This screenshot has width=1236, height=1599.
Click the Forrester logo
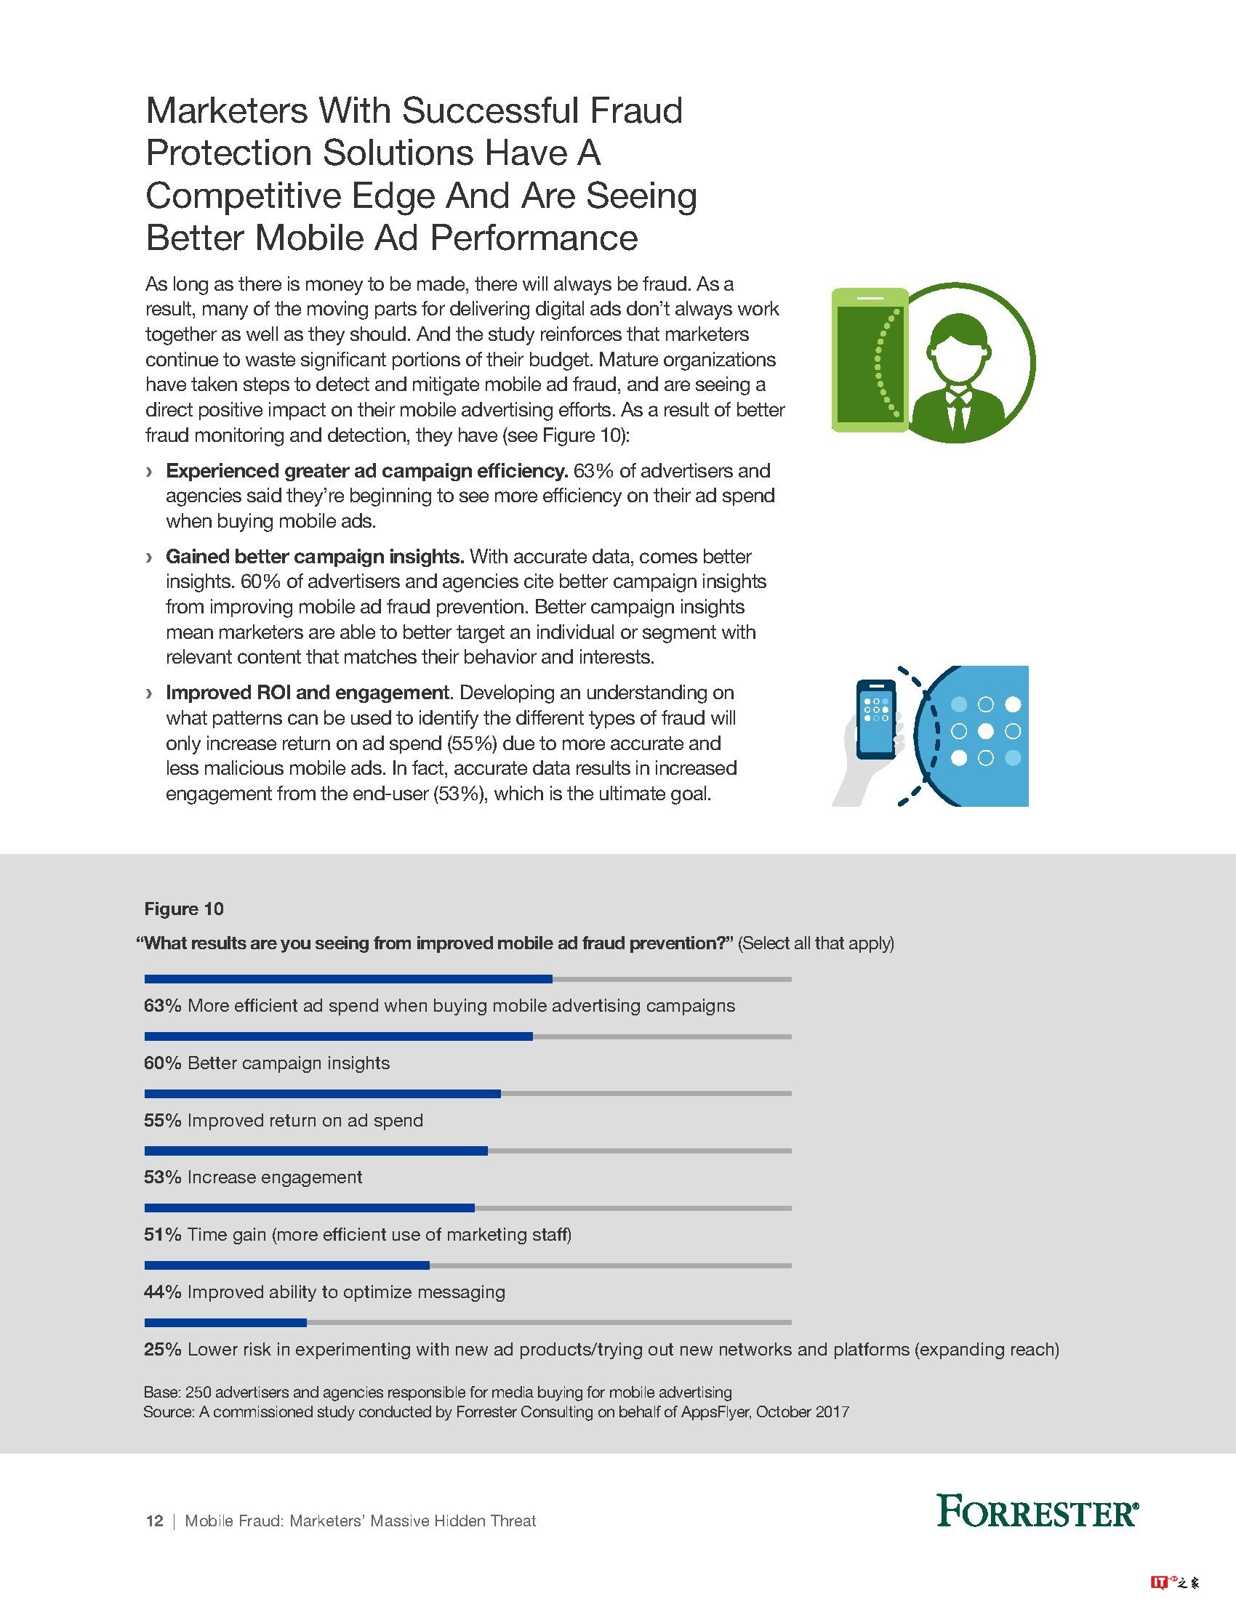click(1038, 1511)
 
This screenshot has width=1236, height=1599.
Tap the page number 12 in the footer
click(154, 1521)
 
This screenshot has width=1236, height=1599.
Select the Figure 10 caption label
click(184, 909)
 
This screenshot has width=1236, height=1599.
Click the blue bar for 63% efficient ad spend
click(348, 979)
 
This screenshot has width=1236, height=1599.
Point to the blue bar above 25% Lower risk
click(225, 1322)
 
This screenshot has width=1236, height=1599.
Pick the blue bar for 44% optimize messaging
click(286, 1265)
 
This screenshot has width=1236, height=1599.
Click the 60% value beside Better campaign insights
click(163, 1063)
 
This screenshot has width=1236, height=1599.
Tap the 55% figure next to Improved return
click(163, 1120)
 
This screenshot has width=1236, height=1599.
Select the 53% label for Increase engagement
click(163, 1177)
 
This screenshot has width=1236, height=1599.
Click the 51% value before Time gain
click(163, 1234)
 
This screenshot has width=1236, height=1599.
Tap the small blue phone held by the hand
click(876, 719)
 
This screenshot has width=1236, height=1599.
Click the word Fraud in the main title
click(635, 110)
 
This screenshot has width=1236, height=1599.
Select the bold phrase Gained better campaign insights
click(315, 557)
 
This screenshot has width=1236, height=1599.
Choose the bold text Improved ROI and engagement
click(308, 693)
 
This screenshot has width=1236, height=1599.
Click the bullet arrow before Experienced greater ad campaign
click(150, 471)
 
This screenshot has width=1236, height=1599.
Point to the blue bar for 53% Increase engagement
click(316, 1151)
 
